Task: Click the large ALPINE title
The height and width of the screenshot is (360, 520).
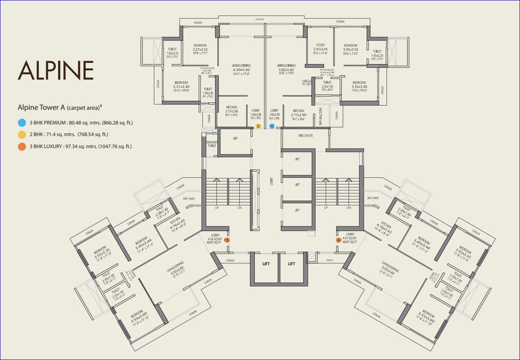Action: (x=56, y=71)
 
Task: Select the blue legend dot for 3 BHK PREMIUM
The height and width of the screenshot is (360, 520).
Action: (x=22, y=123)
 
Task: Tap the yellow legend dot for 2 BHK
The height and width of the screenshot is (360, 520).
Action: (x=22, y=135)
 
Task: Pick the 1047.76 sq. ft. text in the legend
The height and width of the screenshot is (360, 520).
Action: (x=115, y=146)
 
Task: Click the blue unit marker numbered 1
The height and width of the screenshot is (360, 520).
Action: (x=272, y=126)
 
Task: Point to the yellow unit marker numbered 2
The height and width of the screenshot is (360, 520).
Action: (x=258, y=126)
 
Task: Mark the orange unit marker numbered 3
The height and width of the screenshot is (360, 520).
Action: (x=227, y=240)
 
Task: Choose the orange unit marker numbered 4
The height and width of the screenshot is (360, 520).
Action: (x=338, y=240)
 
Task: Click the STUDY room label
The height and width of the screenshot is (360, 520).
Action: (x=320, y=45)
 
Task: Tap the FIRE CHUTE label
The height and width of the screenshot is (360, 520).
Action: (x=306, y=136)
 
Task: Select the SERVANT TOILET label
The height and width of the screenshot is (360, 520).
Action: (x=211, y=144)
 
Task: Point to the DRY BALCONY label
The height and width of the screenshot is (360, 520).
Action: (x=321, y=116)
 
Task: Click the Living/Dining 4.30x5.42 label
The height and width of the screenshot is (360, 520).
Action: (x=241, y=66)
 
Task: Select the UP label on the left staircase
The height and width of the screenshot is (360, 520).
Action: (x=217, y=208)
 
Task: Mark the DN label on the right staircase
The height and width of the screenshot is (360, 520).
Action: (x=348, y=208)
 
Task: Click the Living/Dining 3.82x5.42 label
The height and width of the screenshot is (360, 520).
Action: (x=285, y=66)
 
